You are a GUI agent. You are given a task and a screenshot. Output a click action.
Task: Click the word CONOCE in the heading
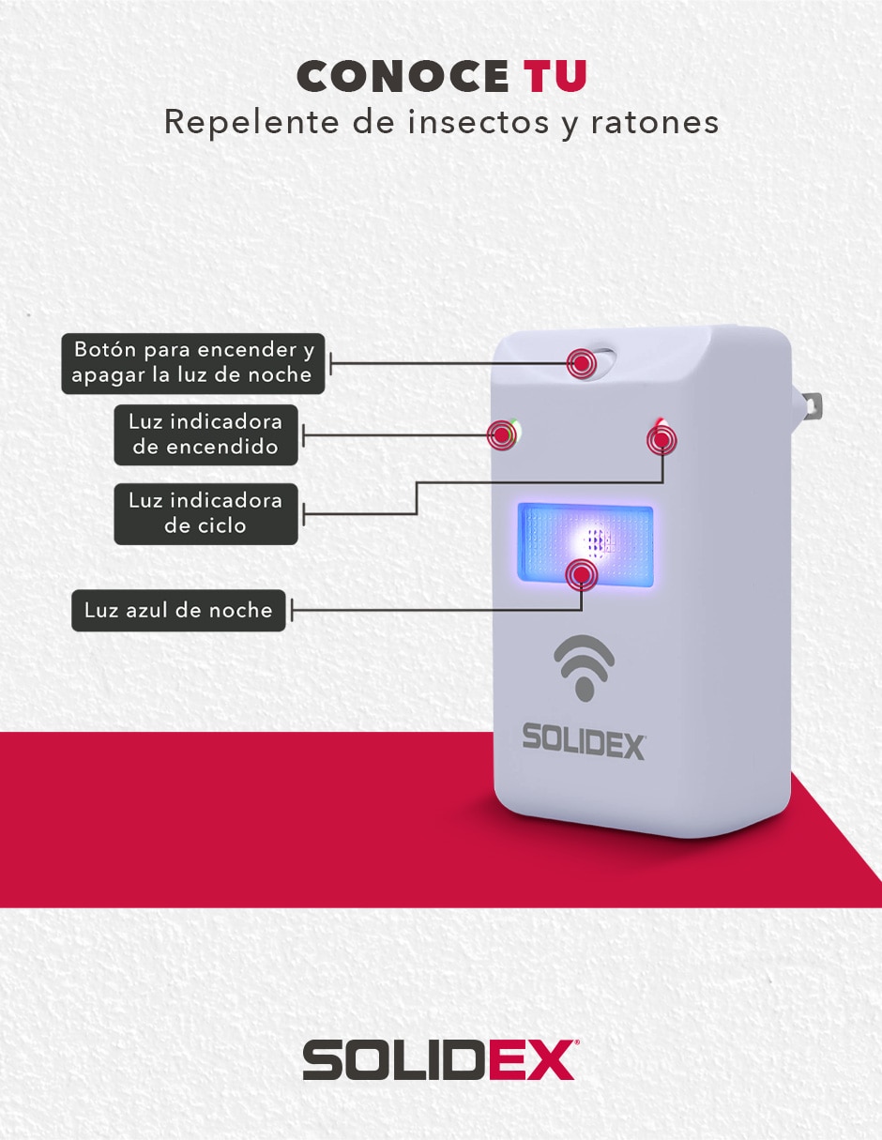pos(403,76)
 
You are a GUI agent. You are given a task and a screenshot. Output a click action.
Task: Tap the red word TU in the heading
pos(555,76)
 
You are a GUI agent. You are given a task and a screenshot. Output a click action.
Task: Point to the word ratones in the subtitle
pos(655,123)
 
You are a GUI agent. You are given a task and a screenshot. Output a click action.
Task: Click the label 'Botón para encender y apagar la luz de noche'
pos(193,363)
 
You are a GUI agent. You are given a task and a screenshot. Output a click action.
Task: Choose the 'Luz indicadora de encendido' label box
pos(206,435)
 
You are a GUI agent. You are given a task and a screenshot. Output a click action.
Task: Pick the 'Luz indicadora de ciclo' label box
pos(206,513)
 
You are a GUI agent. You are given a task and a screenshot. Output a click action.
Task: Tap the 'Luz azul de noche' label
pos(179,611)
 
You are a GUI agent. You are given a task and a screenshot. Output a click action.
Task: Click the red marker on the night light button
pos(581,363)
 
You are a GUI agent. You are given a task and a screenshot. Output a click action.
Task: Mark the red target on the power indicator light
pos(502,435)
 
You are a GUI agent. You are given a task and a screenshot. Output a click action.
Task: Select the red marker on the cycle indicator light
pos(661,440)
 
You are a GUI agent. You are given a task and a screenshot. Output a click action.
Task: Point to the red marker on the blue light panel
pos(582,575)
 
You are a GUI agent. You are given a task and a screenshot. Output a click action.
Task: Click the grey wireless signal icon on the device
pos(585,668)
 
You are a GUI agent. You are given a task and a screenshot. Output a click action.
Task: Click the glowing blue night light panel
pos(585,544)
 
